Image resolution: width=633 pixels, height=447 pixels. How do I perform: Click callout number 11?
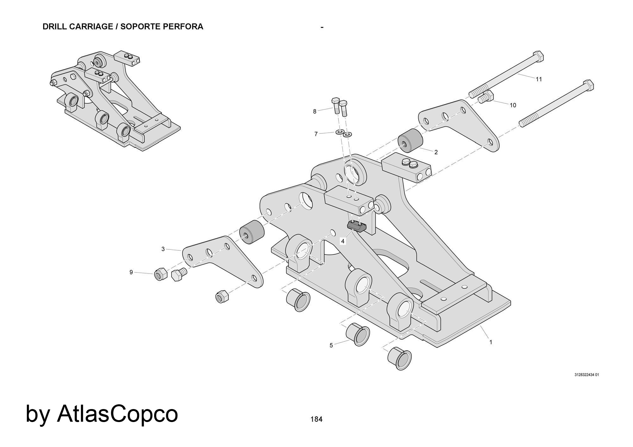pos(539,79)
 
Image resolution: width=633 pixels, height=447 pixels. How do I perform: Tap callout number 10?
pos(513,105)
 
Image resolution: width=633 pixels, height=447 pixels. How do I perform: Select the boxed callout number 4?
pos(343,241)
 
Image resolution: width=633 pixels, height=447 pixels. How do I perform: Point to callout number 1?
pos(491,342)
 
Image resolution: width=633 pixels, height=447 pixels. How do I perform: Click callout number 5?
pos(331,346)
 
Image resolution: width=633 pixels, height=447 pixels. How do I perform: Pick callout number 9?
pos(131,272)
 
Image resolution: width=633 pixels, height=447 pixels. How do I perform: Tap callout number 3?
pos(163,249)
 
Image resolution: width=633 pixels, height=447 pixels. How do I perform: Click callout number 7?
pos(316,134)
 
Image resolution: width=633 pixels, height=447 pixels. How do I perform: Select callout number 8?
pos(315,111)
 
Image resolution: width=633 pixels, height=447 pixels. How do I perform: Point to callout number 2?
pos(436,152)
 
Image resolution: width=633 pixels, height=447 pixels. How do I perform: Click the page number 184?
pos(316,419)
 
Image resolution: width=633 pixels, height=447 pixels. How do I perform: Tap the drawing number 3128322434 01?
pos(586,375)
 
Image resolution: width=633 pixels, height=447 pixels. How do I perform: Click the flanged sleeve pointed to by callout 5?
pos(358,335)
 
